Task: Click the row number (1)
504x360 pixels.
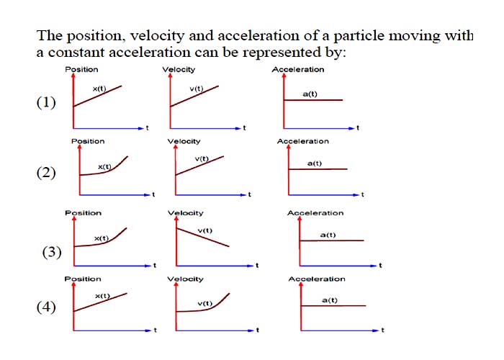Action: (x=46, y=103)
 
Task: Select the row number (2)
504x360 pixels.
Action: (x=46, y=173)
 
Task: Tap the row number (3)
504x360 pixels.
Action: (x=52, y=252)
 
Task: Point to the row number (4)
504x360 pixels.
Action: (x=46, y=307)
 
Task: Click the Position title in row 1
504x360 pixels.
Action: (x=81, y=69)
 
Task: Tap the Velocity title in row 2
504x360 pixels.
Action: (x=184, y=141)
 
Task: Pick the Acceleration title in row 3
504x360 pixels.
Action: (x=315, y=213)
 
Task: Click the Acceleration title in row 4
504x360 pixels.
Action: (x=317, y=279)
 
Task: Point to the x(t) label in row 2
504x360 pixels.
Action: (x=104, y=167)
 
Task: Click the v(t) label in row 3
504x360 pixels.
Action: (x=205, y=230)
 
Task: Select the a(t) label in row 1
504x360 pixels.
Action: (x=310, y=94)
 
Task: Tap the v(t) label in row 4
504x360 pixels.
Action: (x=205, y=303)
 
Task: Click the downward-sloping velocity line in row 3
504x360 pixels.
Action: (x=203, y=237)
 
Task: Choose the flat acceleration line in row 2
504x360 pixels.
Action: (x=318, y=169)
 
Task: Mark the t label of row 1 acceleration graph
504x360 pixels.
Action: (x=358, y=128)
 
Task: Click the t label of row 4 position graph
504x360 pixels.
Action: (x=156, y=330)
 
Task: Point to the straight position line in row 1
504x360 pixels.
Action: (x=98, y=96)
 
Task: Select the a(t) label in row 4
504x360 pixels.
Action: (x=330, y=300)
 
